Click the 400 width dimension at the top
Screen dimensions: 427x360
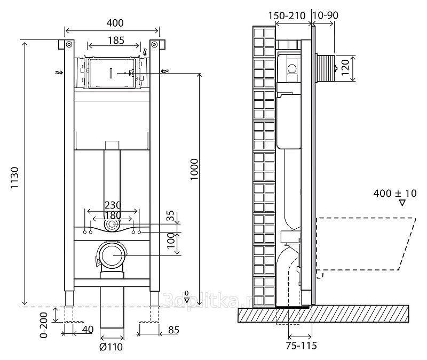[115, 23]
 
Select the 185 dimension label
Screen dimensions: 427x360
[116, 41]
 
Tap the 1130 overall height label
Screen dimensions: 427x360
[14, 178]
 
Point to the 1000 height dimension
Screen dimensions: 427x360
[194, 169]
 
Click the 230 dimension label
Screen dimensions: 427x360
[113, 205]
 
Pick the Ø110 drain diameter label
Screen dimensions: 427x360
[111, 347]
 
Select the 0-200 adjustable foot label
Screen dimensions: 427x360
[44, 325]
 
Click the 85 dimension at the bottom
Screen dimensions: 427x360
[173, 330]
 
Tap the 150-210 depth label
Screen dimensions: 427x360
[287, 16]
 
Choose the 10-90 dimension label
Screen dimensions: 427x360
[326, 15]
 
